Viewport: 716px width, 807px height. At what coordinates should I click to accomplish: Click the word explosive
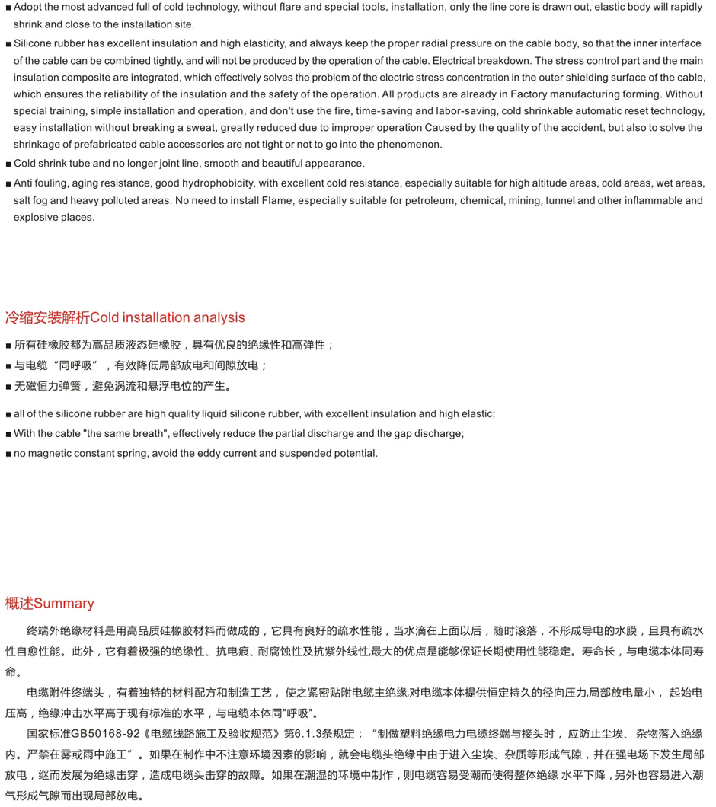[x=36, y=218]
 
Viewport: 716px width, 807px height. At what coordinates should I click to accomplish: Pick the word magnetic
[x=50, y=454]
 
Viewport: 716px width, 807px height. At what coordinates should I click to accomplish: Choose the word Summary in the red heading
[x=64, y=604]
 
